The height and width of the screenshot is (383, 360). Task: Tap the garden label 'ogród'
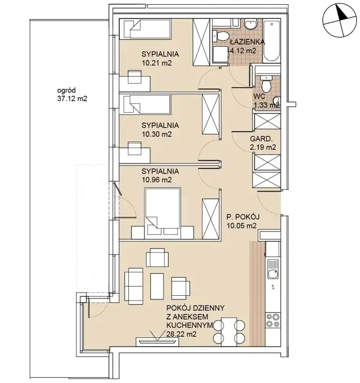tap(66, 90)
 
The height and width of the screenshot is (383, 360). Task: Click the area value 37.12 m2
tap(72, 99)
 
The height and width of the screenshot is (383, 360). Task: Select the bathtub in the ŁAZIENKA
tap(272, 41)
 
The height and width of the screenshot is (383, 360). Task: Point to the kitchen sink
tap(273, 269)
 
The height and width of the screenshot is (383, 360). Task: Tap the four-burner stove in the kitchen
tap(273, 320)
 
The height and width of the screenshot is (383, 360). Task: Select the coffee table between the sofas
tap(157, 286)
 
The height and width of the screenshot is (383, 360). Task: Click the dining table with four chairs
tap(229, 332)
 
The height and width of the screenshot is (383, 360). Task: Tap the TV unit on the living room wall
tap(158, 342)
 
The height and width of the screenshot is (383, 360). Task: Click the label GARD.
tap(261, 139)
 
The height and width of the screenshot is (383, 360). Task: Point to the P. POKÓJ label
tap(243, 217)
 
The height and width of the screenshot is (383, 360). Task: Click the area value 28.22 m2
tap(181, 334)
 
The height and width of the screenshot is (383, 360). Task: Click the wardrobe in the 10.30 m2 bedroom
tap(210, 114)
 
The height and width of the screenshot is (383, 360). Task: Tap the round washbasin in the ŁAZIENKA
tap(251, 24)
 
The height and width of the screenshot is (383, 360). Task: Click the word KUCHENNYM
tap(190, 326)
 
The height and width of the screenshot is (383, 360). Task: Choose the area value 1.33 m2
tap(267, 105)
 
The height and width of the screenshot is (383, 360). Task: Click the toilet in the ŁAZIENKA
tap(221, 36)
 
